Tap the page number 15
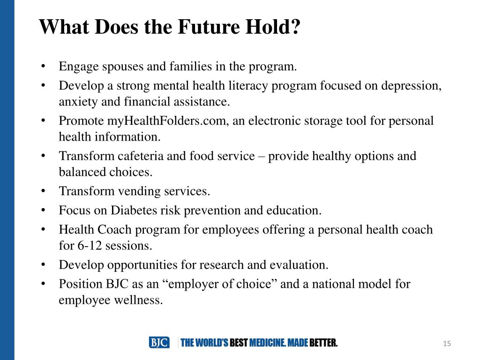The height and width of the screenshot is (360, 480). pyautogui.click(x=447, y=344)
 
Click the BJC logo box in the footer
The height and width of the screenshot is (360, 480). pyautogui.click(x=159, y=343)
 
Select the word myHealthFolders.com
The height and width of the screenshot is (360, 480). pyautogui.click(x=167, y=120)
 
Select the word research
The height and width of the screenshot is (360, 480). pyautogui.click(x=220, y=265)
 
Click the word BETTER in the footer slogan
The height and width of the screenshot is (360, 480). pyautogui.click(x=323, y=343)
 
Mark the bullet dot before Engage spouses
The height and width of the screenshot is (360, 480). pyautogui.click(x=43, y=67)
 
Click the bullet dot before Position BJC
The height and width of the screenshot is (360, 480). pyautogui.click(x=43, y=284)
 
